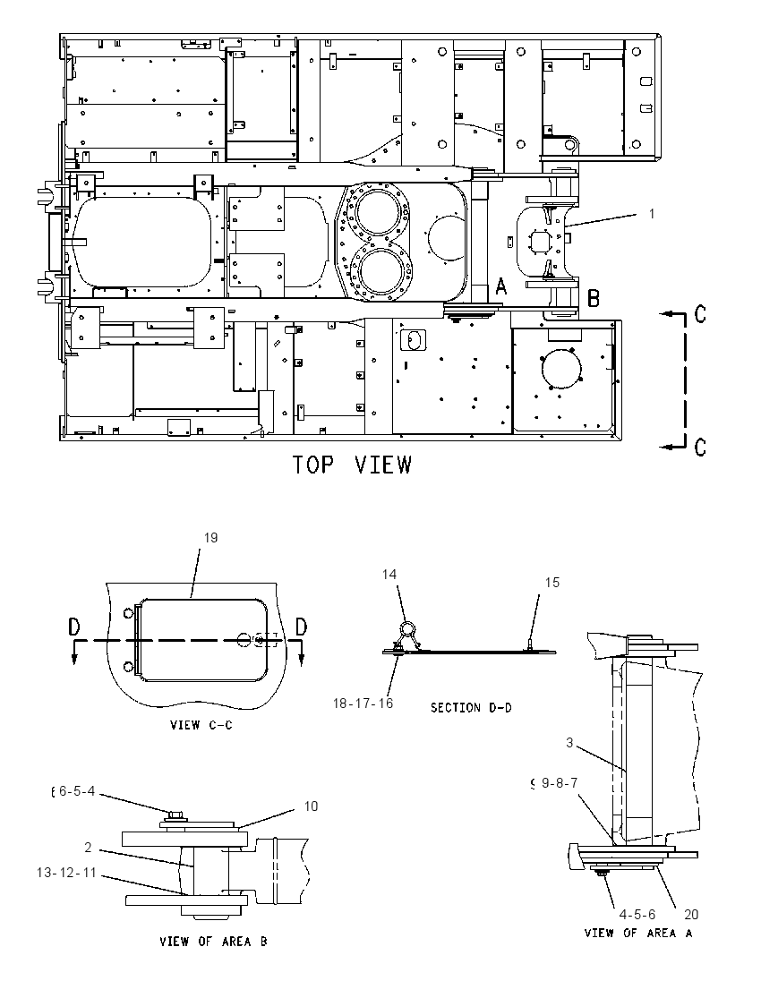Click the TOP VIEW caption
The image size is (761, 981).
353,465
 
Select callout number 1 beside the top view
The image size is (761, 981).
652,214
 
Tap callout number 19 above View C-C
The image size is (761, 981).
211,538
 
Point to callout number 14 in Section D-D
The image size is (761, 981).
389,575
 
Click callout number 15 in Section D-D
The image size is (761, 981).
552,583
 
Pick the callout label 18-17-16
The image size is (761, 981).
363,704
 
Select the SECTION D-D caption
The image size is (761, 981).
471,708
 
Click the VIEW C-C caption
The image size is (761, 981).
201,725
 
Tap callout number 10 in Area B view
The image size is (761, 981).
311,806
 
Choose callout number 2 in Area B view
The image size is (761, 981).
89,848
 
